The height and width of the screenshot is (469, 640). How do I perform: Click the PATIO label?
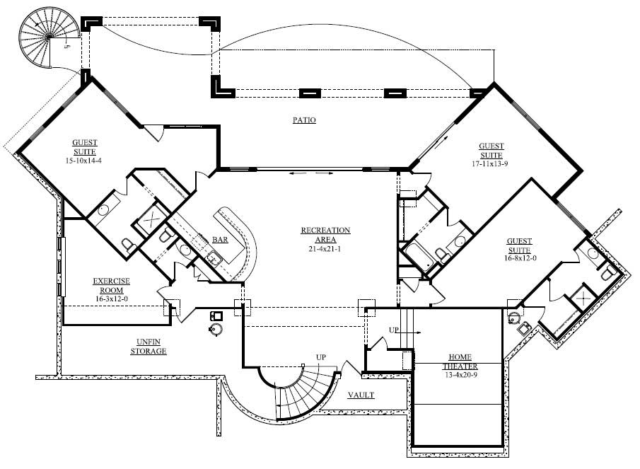[304, 120]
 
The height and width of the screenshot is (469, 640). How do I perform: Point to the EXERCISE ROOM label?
[111, 285]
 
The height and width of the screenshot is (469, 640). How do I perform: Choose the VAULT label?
[361, 395]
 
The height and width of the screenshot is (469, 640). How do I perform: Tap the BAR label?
[220, 240]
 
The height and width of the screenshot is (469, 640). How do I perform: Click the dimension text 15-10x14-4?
[84, 161]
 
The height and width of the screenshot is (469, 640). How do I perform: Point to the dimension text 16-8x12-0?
[519, 259]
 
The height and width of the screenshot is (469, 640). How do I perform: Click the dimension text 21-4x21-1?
[325, 248]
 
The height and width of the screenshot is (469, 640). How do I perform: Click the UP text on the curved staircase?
[320, 357]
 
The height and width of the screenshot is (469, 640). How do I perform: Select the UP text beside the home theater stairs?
[394, 330]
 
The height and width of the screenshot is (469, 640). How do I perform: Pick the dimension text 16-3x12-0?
[111, 299]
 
